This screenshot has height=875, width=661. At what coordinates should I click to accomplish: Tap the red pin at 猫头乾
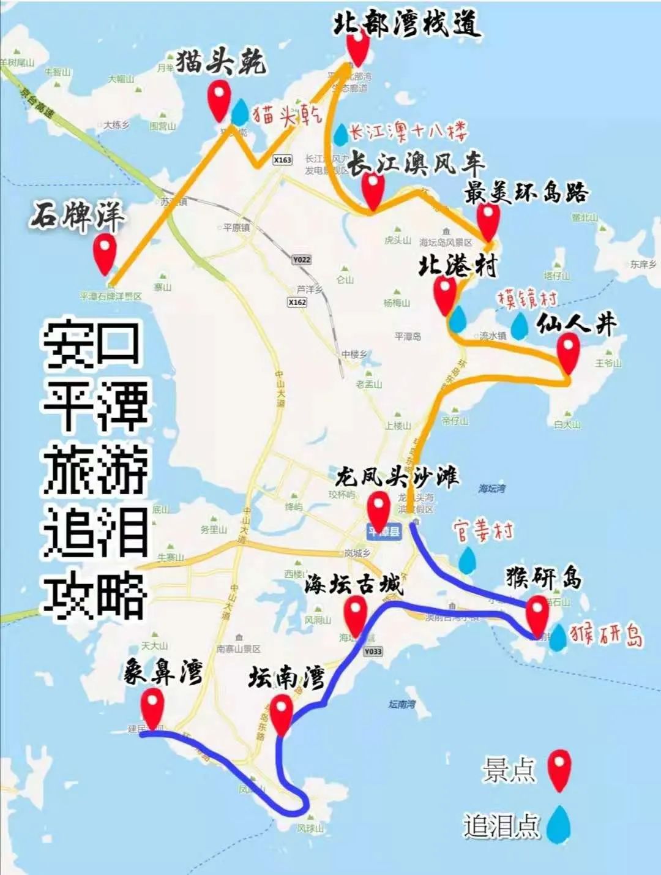(219, 100)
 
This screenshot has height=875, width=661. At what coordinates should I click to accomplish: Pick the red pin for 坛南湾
(282, 714)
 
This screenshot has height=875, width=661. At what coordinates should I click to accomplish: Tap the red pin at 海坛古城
(356, 613)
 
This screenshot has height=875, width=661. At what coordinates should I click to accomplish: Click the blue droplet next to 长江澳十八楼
(340, 135)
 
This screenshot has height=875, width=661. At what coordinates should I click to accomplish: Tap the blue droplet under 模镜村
(519, 326)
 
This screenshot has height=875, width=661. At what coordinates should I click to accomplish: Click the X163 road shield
(282, 160)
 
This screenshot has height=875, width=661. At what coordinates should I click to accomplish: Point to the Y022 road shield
(301, 260)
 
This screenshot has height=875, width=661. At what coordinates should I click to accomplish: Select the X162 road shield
(297, 302)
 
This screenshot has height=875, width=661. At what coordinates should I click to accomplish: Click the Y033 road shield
(373, 652)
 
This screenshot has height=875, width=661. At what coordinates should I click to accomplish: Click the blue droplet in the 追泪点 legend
(559, 824)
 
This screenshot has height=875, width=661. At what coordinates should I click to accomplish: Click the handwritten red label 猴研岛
(607, 635)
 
